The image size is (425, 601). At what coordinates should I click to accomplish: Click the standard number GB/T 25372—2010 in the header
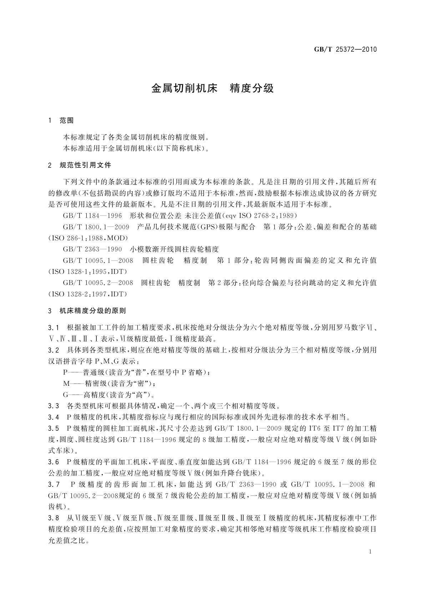(345, 50)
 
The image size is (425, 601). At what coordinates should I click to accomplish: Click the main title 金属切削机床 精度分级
(212, 89)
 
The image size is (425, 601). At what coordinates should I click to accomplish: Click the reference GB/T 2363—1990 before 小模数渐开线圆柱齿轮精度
(92, 249)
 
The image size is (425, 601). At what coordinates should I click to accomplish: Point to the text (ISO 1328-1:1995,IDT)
(87, 272)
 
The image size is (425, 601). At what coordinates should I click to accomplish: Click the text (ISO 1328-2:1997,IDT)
(87, 294)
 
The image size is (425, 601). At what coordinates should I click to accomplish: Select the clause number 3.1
(54, 328)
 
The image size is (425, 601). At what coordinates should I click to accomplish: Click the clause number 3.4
(54, 417)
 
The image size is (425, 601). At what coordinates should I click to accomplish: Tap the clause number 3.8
(54, 517)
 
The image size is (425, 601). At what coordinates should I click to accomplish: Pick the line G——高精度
(108, 395)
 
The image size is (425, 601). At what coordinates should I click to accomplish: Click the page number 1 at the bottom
(370, 552)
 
